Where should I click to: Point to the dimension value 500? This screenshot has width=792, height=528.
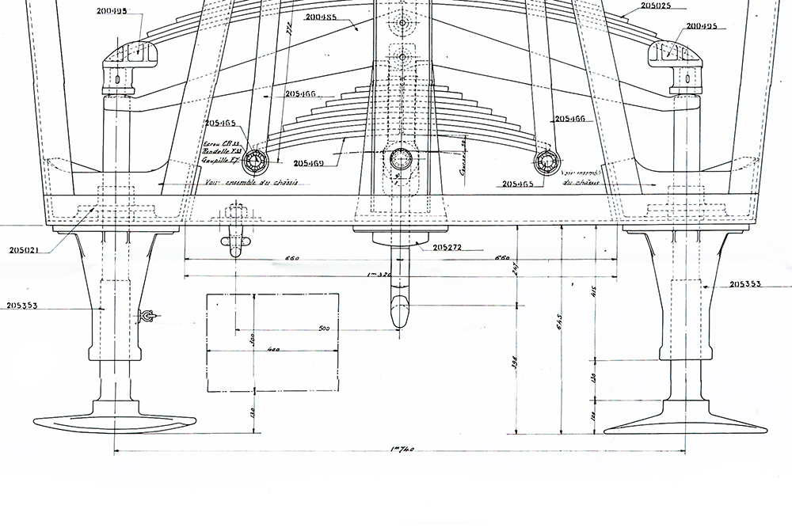coord(323,328)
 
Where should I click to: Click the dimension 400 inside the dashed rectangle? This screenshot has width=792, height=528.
coord(275,348)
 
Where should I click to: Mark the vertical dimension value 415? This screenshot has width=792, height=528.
coord(593,291)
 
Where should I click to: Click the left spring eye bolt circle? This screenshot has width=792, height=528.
coord(257,161)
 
